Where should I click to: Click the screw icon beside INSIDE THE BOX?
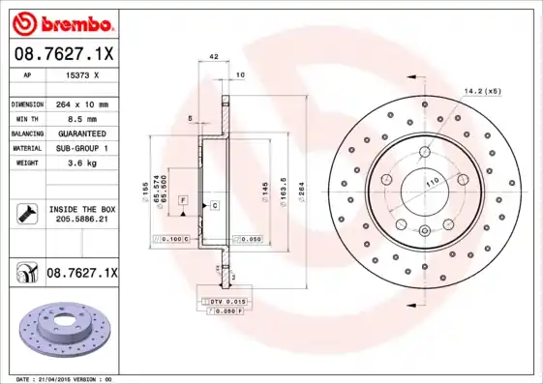coord(26,214)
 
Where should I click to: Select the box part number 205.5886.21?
coord(81,221)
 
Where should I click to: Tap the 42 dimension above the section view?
coord(212,58)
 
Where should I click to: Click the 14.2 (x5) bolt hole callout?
coord(482,91)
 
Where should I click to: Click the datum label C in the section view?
coord(214,206)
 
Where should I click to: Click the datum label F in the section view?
coord(182,198)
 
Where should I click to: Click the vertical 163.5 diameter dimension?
coord(283,188)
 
